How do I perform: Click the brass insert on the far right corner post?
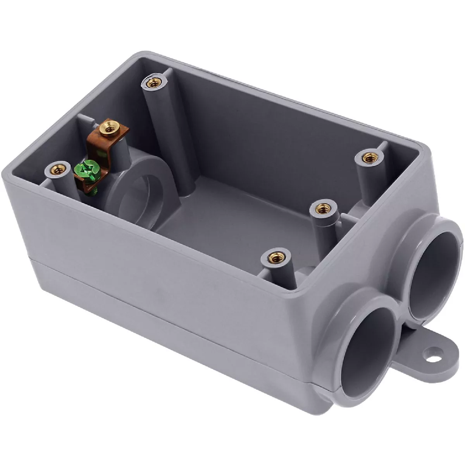tap(367, 157)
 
